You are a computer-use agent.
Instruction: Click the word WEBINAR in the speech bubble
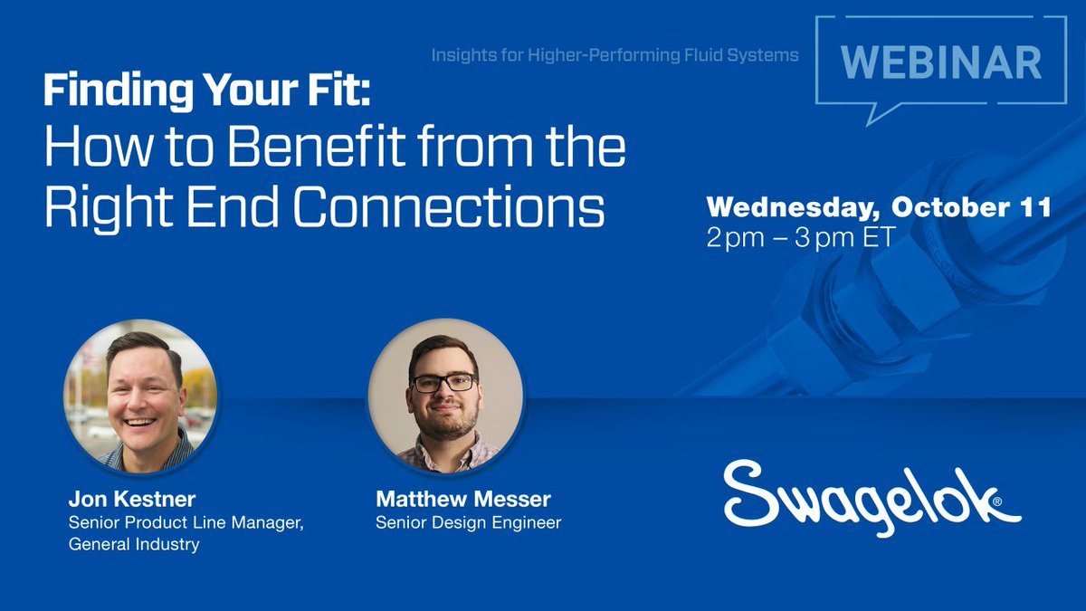click(x=940, y=62)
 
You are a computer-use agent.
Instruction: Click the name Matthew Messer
click(x=463, y=500)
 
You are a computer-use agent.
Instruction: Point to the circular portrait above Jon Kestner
click(x=139, y=396)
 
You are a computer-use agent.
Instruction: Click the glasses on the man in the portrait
click(x=443, y=382)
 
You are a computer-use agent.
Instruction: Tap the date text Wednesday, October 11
click(x=878, y=207)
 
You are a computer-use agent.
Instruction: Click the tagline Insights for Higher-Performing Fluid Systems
click(x=614, y=55)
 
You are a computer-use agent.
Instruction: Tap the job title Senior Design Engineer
click(x=468, y=522)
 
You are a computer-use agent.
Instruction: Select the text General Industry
click(x=134, y=544)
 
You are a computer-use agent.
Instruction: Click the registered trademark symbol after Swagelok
click(x=996, y=501)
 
